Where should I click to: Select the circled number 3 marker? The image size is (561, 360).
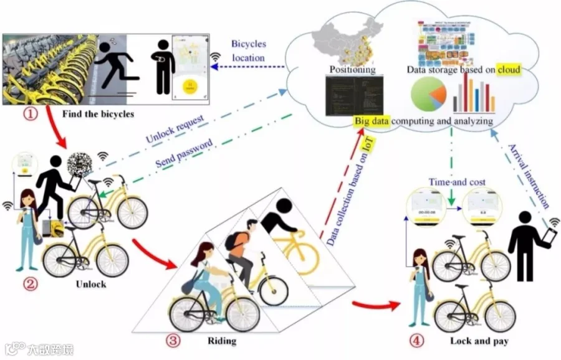[173, 340]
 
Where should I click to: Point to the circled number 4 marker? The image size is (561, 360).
[417, 340]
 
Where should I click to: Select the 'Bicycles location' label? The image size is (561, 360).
[248, 51]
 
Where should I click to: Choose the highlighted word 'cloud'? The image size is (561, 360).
[508, 70]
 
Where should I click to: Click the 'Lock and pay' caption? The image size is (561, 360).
[479, 341]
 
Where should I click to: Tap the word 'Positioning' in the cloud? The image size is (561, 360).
[352, 70]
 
